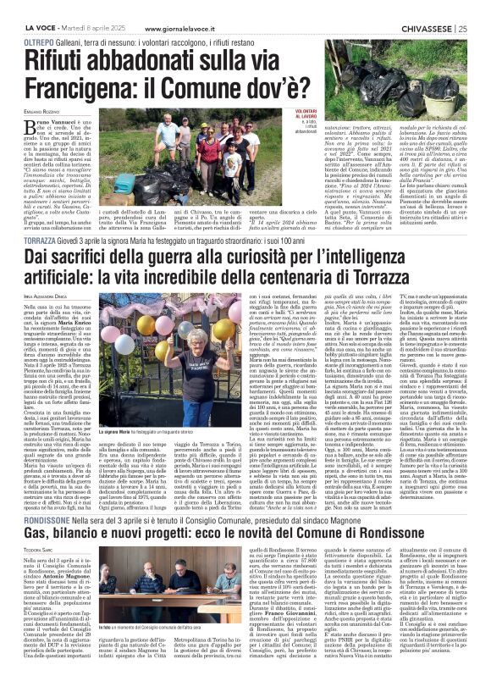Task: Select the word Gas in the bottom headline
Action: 39,537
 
